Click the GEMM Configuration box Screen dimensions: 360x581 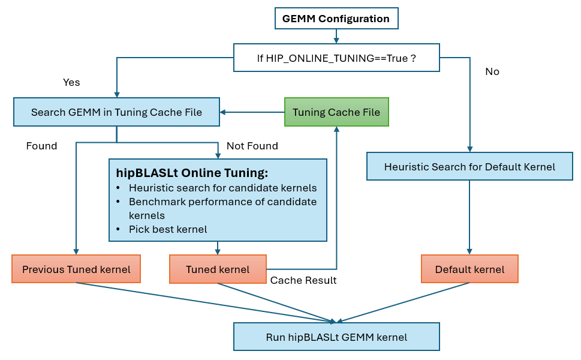point(336,19)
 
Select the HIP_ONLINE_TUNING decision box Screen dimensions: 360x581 point(336,58)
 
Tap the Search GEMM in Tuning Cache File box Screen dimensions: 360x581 point(116,112)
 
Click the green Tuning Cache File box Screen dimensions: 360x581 point(336,112)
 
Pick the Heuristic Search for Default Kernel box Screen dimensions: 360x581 point(469,166)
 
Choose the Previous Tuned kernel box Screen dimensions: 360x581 point(76,269)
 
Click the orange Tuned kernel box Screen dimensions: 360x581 point(218,269)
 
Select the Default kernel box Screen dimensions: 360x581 point(469,269)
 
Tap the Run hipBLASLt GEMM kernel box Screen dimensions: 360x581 point(336,337)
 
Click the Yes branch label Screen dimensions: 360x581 point(71,82)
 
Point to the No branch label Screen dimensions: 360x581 point(492,71)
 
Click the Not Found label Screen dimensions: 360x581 point(252,146)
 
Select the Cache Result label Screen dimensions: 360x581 point(303,281)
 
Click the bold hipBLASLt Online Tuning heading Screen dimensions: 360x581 point(192,173)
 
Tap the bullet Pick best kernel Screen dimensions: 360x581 point(167,229)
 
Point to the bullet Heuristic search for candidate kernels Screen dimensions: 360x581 point(222,188)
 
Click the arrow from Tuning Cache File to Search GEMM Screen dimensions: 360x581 point(252,112)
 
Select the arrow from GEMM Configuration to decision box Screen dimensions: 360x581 point(336,37)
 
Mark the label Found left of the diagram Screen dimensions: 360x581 point(41,146)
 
